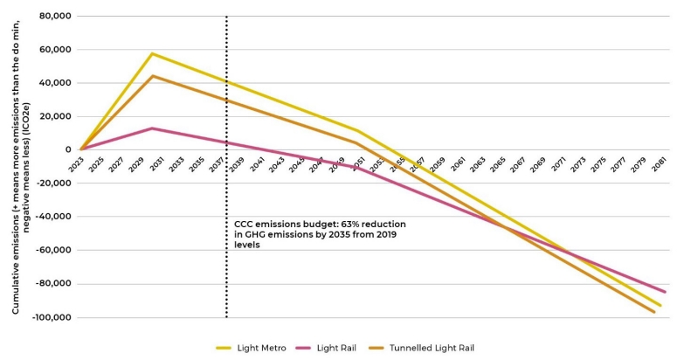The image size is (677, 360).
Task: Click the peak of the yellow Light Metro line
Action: (x=152, y=53)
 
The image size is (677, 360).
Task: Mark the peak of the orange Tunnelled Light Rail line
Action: (x=152, y=76)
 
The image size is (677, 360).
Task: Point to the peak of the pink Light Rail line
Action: (x=152, y=128)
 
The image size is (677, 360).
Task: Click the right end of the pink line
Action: (x=665, y=292)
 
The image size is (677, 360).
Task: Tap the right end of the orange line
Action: (x=654, y=312)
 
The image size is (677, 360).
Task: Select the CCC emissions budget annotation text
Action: (x=319, y=234)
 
